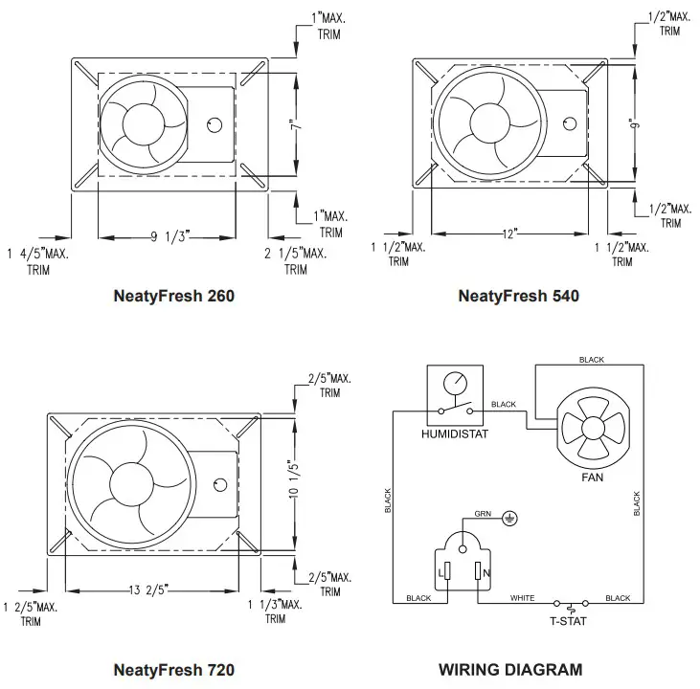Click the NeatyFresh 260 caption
[174, 296]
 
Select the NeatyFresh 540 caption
[519, 296]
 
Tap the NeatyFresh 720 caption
[174, 670]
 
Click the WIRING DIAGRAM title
[510, 670]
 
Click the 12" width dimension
[509, 233]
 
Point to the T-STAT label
[569, 620]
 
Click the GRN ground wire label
[483, 514]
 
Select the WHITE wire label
[523, 598]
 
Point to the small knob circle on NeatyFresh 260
[215, 124]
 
